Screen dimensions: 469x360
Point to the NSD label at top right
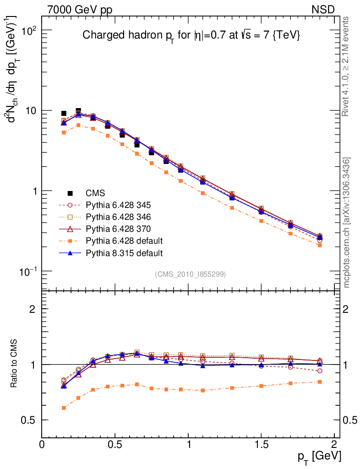point(323,10)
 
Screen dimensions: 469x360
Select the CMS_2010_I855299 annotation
point(190,274)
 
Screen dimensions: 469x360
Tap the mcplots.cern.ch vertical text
point(347,223)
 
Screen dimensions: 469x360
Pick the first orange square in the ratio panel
point(64,408)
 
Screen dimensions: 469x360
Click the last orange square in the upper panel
point(320,245)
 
